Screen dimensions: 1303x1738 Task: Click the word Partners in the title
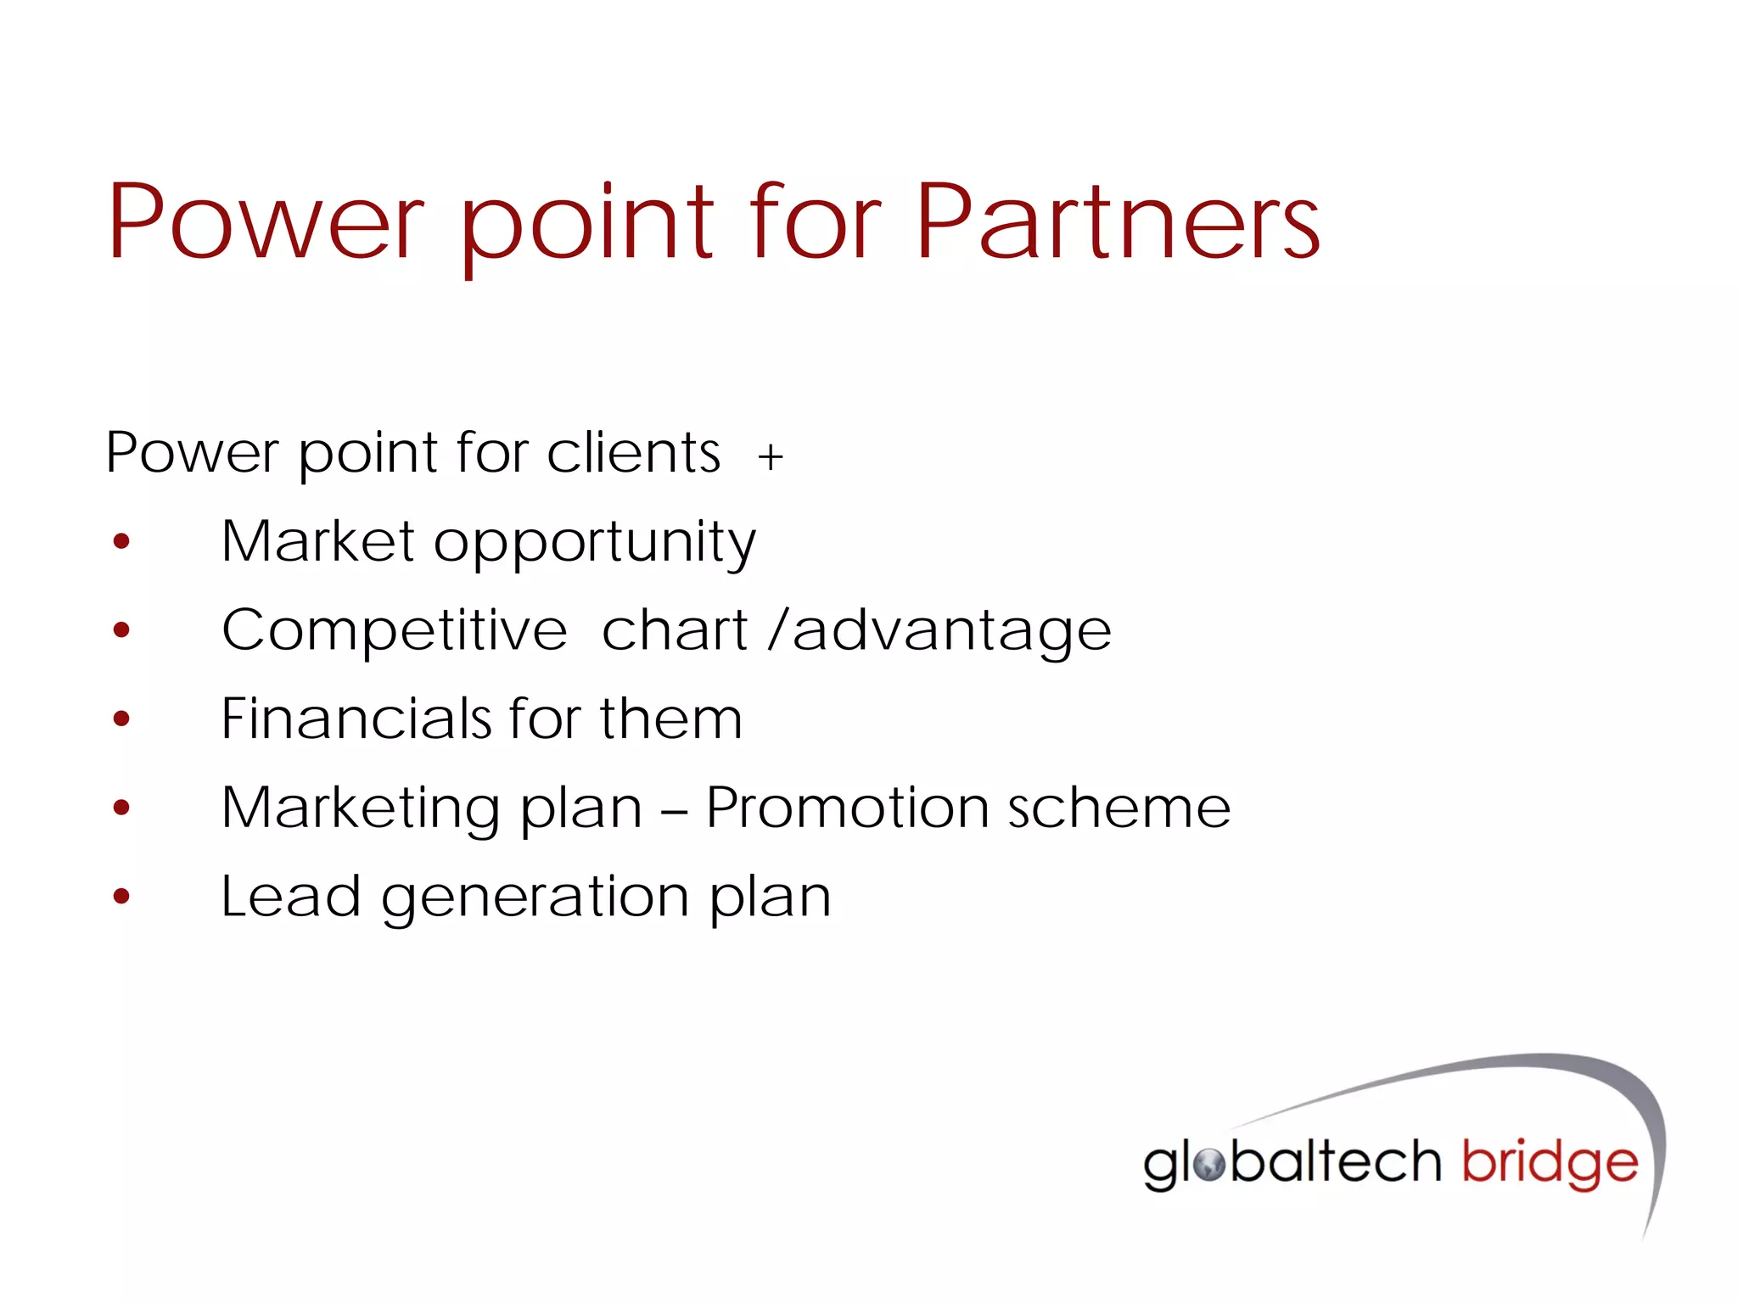click(x=1117, y=222)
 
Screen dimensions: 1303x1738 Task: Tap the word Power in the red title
click(x=265, y=222)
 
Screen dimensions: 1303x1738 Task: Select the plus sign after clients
click(x=771, y=458)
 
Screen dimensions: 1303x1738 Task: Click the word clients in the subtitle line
click(x=633, y=453)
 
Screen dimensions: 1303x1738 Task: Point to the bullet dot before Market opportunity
click(x=121, y=541)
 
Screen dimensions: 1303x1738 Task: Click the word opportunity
click(x=594, y=543)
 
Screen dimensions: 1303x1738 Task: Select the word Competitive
click(x=394, y=631)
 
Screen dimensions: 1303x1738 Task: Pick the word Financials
click(x=356, y=719)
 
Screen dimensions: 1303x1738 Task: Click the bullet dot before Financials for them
click(x=121, y=719)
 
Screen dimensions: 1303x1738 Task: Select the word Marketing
click(x=360, y=808)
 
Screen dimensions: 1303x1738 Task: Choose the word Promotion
click(x=847, y=808)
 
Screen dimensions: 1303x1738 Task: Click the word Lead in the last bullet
click(x=290, y=897)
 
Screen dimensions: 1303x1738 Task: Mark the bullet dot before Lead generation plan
click(x=121, y=896)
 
